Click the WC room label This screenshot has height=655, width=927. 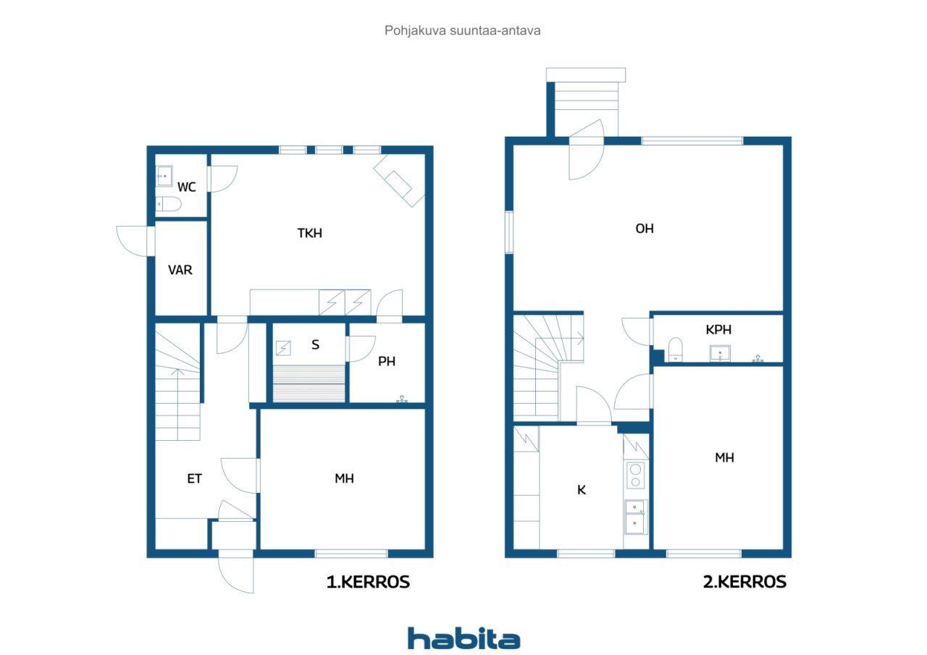(186, 187)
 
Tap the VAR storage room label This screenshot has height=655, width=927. (180, 270)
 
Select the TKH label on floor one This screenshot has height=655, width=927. (309, 233)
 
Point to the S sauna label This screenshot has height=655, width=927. (315, 345)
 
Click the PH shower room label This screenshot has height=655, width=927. (387, 361)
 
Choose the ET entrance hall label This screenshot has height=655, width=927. (195, 478)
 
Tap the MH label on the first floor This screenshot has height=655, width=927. (344, 478)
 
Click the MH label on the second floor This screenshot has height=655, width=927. (725, 457)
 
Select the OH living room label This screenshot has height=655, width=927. (645, 229)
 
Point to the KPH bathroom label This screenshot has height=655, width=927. (718, 329)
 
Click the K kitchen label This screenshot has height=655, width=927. (582, 490)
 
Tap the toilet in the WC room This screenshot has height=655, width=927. (169, 204)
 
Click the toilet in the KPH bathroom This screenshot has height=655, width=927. (676, 350)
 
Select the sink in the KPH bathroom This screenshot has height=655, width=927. (720, 353)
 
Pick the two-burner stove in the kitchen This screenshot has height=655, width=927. (636, 476)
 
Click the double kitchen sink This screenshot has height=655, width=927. (635, 517)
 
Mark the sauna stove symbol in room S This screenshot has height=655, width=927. (283, 348)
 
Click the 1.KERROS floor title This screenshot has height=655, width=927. (368, 582)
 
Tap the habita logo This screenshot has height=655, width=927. (463, 639)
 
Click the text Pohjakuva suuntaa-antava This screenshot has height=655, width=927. (462, 30)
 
